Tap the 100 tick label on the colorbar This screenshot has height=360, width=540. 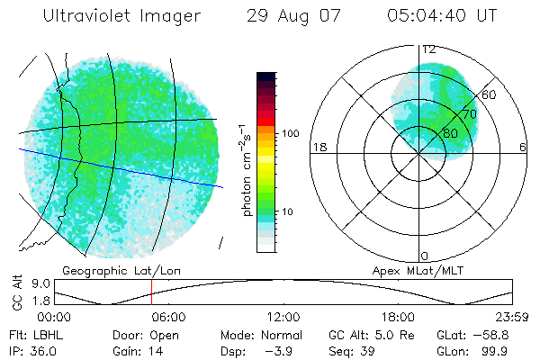tap(290, 133)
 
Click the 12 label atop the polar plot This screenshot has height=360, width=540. tap(429, 50)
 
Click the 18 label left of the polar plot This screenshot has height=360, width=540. tap(319, 148)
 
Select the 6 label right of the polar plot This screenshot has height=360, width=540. tap(523, 148)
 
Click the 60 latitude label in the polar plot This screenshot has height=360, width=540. tap(489, 94)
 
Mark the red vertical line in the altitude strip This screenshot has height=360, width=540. tap(152, 292)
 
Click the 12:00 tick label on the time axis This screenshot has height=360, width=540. tap(283, 317)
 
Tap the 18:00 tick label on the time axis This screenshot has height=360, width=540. tap(398, 317)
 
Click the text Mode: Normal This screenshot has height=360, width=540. tap(261, 334)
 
